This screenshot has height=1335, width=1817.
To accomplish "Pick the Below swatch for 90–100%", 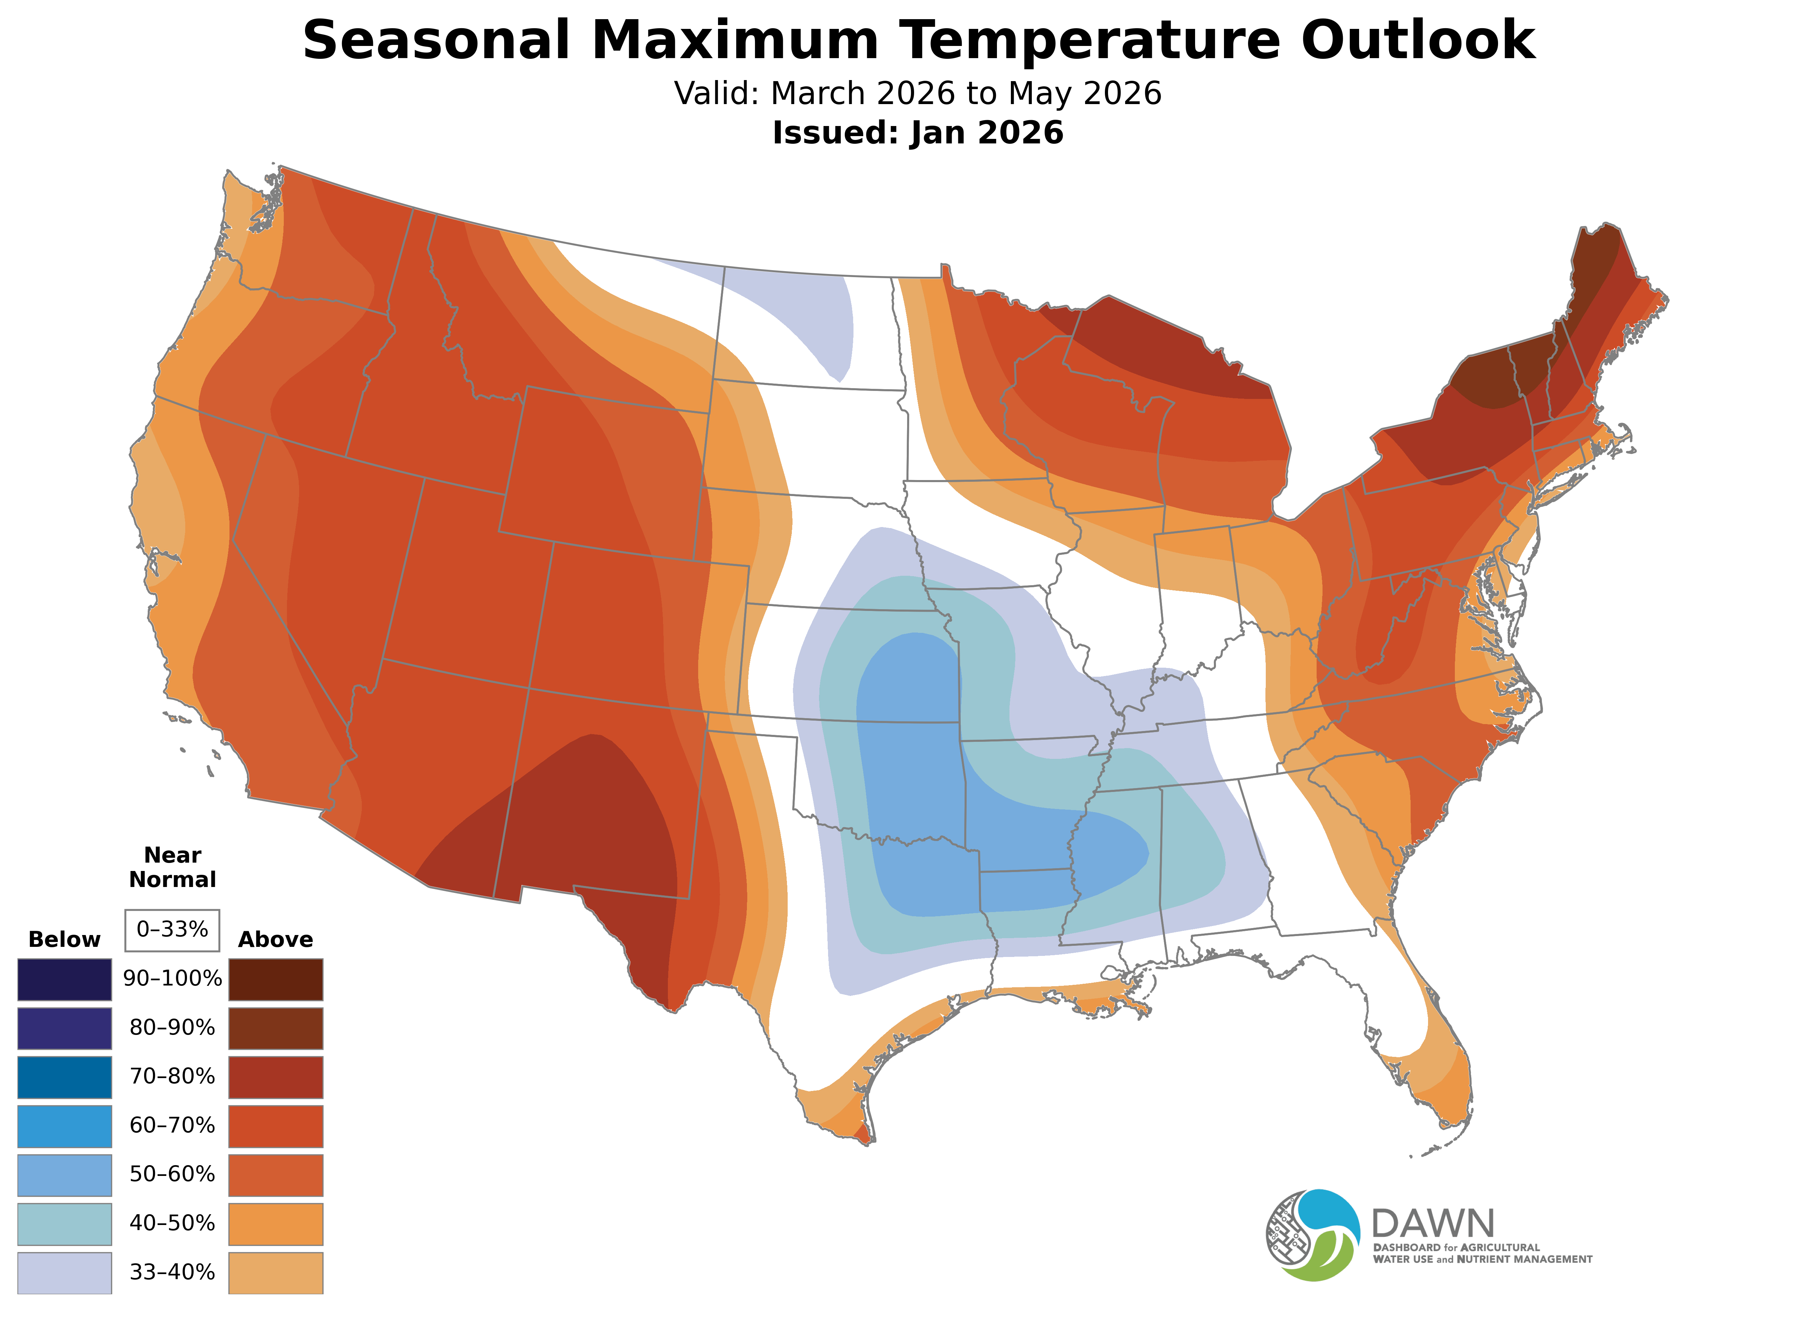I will point(65,980).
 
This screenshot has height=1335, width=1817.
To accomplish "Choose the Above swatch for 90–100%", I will point(276,980).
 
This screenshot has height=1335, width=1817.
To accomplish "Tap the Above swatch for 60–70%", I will point(276,1126).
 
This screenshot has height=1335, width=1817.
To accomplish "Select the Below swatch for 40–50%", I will point(65,1224).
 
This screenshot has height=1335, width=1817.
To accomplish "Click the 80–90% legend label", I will point(172,1028).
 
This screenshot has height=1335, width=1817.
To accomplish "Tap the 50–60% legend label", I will point(172,1174).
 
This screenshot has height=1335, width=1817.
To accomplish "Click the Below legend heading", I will point(65,939).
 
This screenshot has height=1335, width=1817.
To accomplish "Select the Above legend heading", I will point(276,939).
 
